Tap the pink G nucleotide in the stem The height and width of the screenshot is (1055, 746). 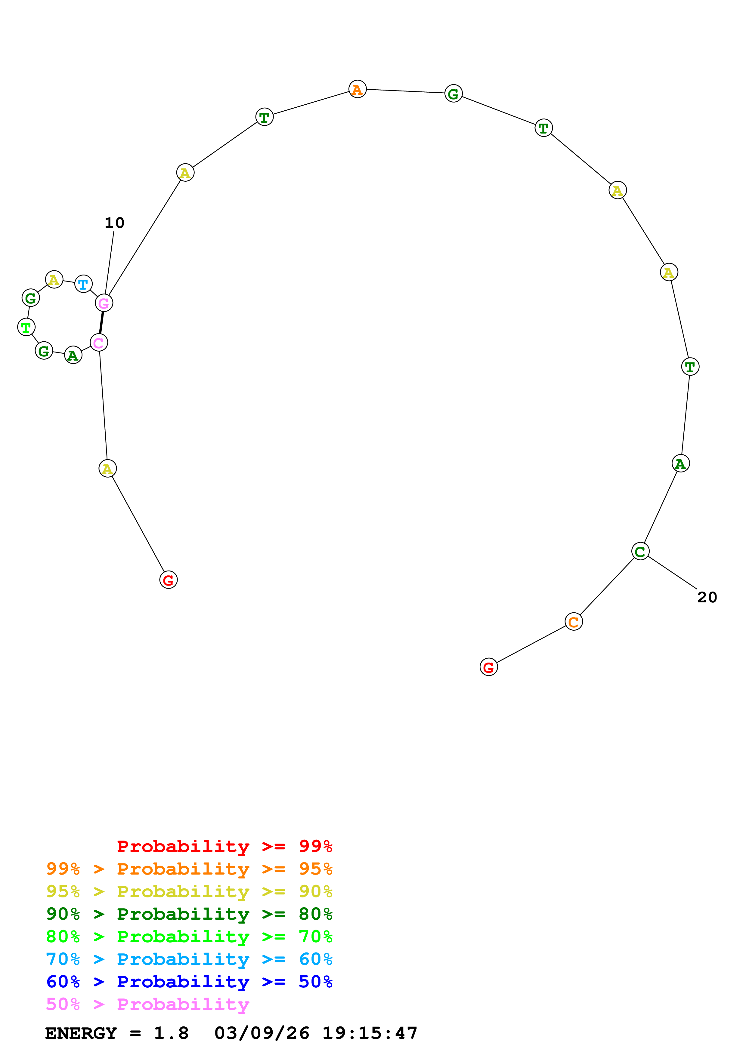point(104,303)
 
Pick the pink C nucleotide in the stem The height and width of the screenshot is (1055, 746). point(99,343)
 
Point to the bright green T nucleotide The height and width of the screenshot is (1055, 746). point(26,328)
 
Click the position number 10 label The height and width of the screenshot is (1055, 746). point(114,223)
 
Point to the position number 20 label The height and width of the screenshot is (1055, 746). point(707,597)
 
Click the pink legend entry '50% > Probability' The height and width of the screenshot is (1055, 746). point(147,1004)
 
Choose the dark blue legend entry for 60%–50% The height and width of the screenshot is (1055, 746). point(189,982)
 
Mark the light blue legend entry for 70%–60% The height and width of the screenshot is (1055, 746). point(189,959)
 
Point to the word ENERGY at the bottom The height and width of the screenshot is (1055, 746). point(81,1033)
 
